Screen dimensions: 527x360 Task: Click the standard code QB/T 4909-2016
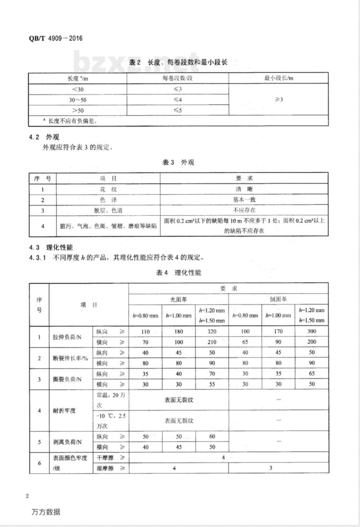[55, 38]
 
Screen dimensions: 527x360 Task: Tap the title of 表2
[178, 62]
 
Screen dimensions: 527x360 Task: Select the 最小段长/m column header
[278, 78]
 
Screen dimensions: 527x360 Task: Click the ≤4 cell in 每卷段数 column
[178, 100]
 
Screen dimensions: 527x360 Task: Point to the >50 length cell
[78, 110]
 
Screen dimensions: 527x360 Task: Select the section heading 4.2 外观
[44, 137]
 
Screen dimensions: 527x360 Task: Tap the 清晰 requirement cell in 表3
[244, 189]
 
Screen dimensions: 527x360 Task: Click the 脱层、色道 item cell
[108, 210]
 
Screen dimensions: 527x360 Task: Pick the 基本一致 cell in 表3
[244, 200]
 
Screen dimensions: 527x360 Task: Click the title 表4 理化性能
[179, 273]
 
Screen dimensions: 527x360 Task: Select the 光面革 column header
[179, 299]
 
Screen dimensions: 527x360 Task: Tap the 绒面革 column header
[278, 299]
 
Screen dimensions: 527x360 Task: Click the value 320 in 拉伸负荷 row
[212, 331]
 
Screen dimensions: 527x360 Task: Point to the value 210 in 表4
[212, 342]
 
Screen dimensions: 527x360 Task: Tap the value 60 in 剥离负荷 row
[212, 437]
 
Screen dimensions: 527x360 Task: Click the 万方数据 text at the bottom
[46, 512]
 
